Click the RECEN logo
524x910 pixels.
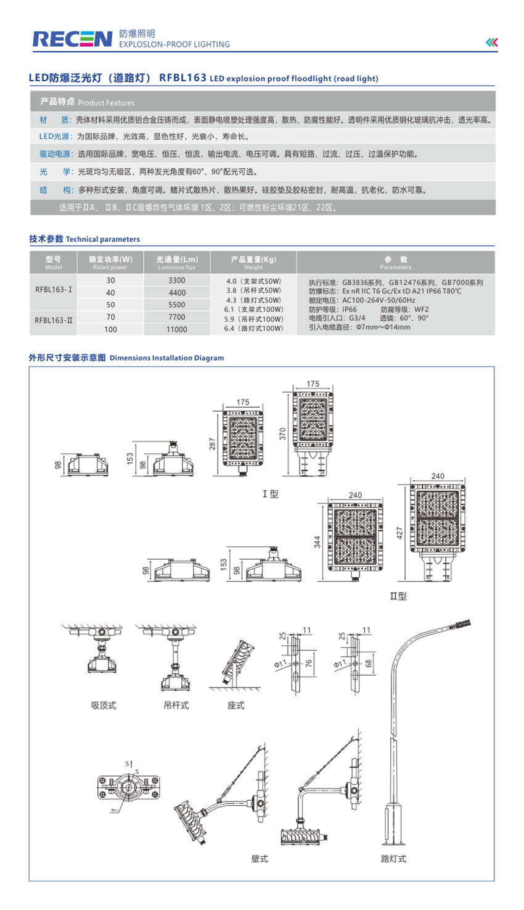(72, 39)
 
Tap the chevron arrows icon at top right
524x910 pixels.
(491, 42)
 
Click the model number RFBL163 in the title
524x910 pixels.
(182, 78)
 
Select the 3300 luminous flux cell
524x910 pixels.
(177, 281)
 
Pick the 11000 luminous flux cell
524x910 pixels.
(177, 329)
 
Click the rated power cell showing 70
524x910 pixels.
(110, 317)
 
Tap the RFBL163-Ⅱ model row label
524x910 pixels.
(54, 320)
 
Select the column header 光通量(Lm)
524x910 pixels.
(177, 262)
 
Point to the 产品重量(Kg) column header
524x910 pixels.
(253, 262)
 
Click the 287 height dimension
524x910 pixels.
(213, 443)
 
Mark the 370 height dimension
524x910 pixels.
(283, 433)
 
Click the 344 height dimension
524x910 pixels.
(317, 542)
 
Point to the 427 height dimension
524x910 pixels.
(399, 532)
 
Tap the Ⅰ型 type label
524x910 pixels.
(271, 494)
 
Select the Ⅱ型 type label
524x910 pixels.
(398, 596)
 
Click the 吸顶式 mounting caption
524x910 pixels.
(104, 705)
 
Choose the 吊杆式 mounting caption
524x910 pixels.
(176, 705)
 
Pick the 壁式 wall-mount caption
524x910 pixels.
(260, 859)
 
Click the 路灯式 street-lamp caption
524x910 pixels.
(393, 859)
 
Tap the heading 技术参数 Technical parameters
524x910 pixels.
(84, 239)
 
